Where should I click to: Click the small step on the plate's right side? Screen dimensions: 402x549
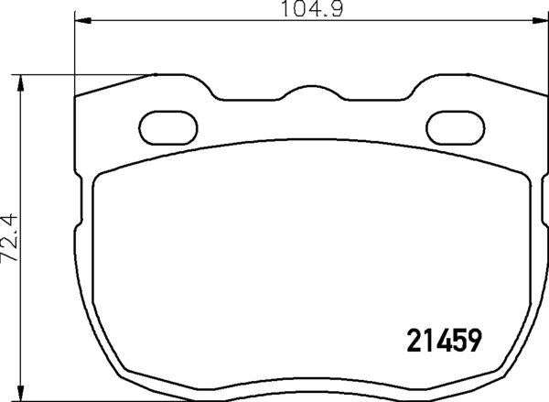pos(543,230)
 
